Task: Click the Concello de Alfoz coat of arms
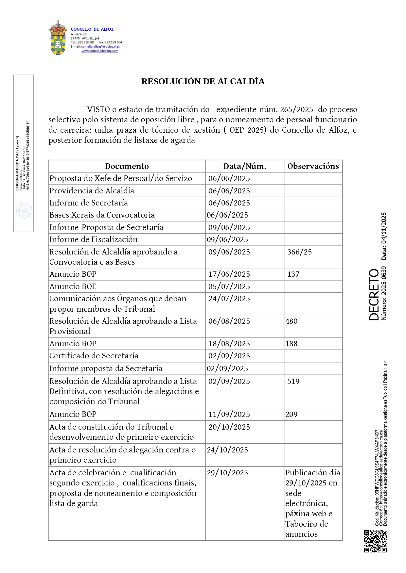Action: (58, 38)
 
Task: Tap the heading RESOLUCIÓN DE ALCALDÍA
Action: (203, 81)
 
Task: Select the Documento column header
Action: (127, 166)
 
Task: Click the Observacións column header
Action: (313, 166)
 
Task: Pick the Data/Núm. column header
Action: (244, 166)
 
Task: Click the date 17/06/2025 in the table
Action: (229, 274)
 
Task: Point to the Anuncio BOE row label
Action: (73, 286)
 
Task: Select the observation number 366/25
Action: (299, 252)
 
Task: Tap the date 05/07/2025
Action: (229, 286)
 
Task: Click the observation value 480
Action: (291, 321)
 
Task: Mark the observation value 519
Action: (293, 381)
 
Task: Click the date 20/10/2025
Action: (229, 427)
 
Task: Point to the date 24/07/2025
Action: (229, 299)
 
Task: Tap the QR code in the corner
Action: (375, 541)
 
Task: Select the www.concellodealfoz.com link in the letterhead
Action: (100, 51)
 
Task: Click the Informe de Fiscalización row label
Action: (94, 239)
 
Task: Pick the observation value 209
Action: (291, 414)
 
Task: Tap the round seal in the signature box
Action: (24, 211)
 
